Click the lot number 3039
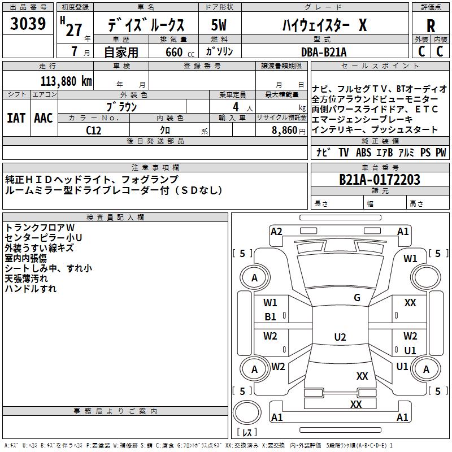pos(28,24)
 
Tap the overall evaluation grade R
pos(431,26)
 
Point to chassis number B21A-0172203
pos(379,180)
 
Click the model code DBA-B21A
pos(324,52)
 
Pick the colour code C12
pos(94,129)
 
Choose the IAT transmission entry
pos(16,118)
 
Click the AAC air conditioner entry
pos(44,118)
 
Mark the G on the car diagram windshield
pos(357,298)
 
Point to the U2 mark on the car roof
pos(340,337)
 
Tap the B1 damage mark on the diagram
pos(271,317)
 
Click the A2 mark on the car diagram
pos(276,231)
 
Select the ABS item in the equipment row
pos(364,153)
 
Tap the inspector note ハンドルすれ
pos(31,289)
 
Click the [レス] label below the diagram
pos(247,432)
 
